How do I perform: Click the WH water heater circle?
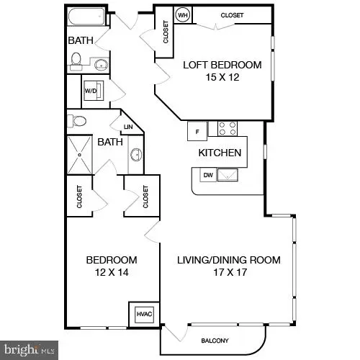[x=183, y=15]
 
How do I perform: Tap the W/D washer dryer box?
[x=91, y=91]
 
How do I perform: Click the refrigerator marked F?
[x=197, y=131]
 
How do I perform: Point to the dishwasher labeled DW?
[x=207, y=175]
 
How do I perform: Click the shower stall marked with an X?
[x=81, y=152]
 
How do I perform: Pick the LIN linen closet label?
[x=129, y=128]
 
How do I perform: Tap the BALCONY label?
[x=215, y=341]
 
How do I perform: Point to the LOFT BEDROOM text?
[x=222, y=65]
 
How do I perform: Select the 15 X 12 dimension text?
[x=222, y=78]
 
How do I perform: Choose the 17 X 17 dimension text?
[x=228, y=272]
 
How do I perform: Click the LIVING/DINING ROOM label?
[x=229, y=260]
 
